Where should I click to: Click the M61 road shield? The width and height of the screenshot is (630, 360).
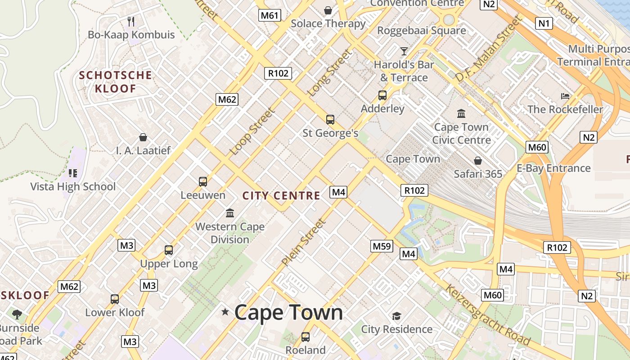270,16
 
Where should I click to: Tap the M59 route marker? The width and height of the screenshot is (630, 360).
382,246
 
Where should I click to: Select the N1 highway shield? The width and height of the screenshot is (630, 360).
544,23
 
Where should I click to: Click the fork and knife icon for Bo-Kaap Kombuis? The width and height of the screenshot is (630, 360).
131,21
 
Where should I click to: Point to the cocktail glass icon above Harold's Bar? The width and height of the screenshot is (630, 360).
404,51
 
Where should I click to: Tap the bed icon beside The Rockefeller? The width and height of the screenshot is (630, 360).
565,96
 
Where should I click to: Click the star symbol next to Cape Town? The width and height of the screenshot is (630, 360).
225,312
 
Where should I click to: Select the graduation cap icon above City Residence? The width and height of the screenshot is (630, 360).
396,316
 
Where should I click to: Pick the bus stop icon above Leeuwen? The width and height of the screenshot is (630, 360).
203,182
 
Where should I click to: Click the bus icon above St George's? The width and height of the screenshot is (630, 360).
330,120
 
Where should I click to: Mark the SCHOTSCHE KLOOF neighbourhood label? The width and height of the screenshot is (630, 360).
115,82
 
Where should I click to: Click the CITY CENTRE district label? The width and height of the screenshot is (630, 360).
281,196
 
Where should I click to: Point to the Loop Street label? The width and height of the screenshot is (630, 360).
252,131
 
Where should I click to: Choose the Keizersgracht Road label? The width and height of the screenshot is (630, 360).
487,314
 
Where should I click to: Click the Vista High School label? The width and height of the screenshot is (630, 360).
73,186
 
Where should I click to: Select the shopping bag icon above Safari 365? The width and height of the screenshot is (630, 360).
478,161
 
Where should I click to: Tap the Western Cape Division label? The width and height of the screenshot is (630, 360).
230,233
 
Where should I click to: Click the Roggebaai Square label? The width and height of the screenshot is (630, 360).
421,31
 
